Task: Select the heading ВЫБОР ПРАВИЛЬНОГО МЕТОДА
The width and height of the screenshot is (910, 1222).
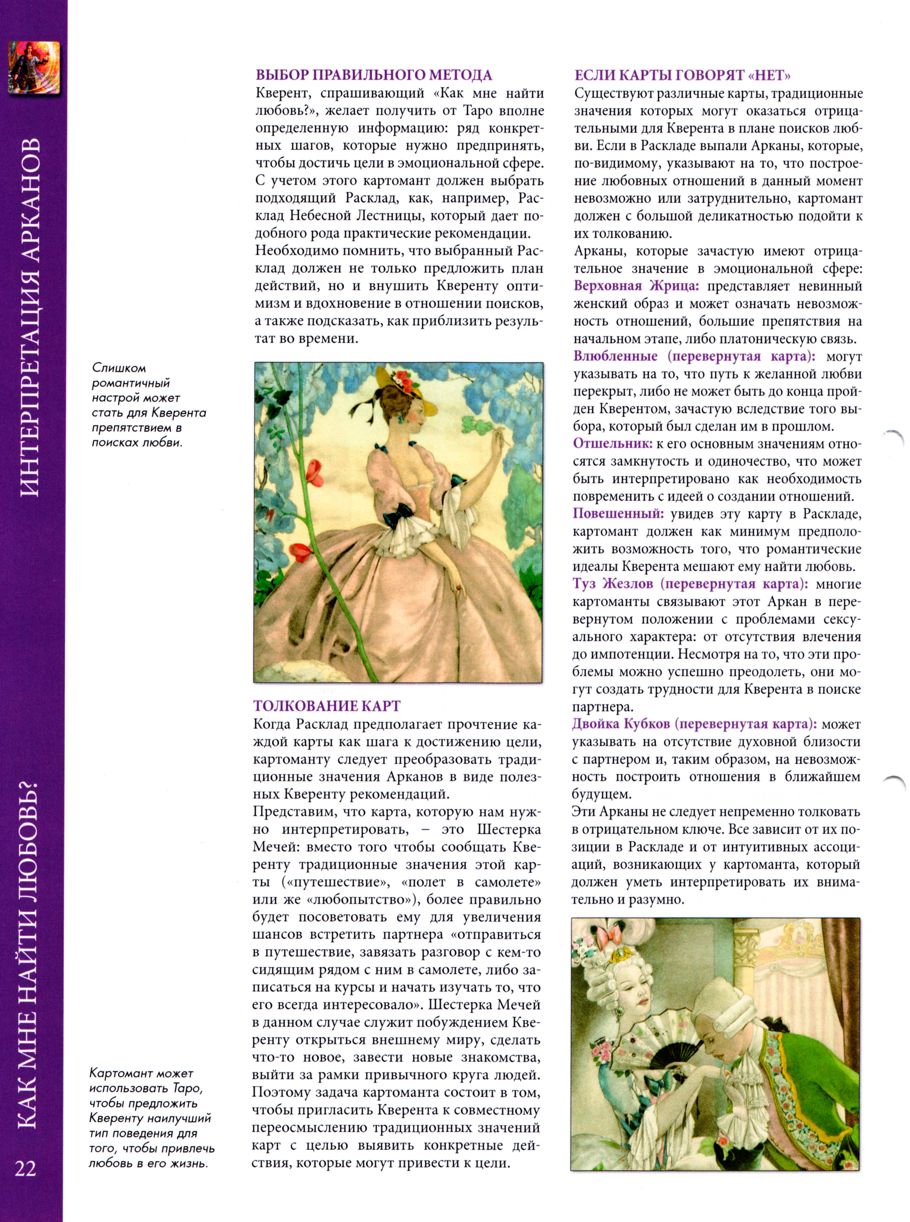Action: (x=373, y=75)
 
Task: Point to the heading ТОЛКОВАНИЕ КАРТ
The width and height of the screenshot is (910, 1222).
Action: (x=327, y=706)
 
